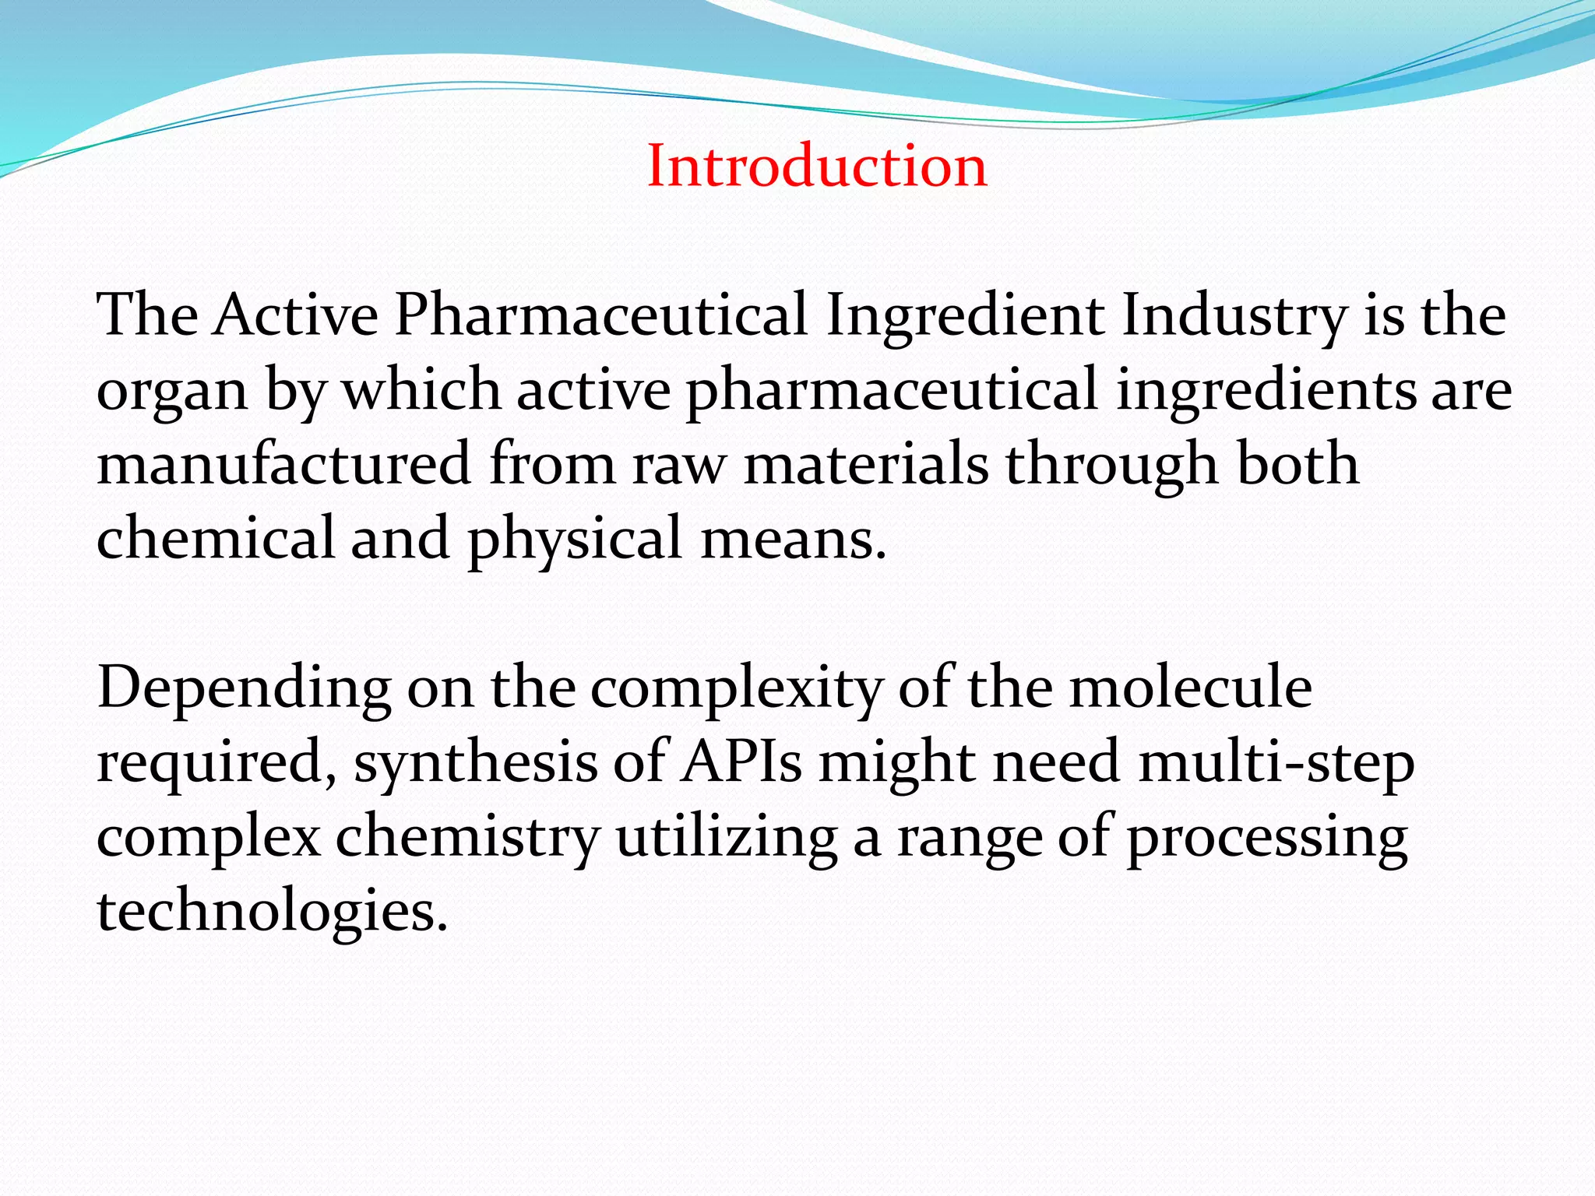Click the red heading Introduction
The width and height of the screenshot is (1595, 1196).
pyautogui.click(x=817, y=167)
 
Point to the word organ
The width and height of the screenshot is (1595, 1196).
pyautogui.click(x=171, y=391)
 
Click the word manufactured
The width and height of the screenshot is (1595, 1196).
pyautogui.click(x=284, y=464)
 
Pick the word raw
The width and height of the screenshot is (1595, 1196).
pyautogui.click(x=678, y=466)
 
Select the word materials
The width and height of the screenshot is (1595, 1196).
pyautogui.click(x=866, y=464)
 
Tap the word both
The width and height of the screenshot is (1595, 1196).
pyautogui.click(x=1298, y=464)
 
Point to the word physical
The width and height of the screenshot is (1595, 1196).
pyautogui.click(x=575, y=540)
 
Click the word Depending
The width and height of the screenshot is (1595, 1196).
pyautogui.click(x=244, y=688)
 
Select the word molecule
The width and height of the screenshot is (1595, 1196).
pyautogui.click(x=1191, y=688)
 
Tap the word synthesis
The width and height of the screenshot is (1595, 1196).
pyautogui.click(x=476, y=763)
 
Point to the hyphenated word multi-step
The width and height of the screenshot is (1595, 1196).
pyautogui.click(x=1276, y=763)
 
